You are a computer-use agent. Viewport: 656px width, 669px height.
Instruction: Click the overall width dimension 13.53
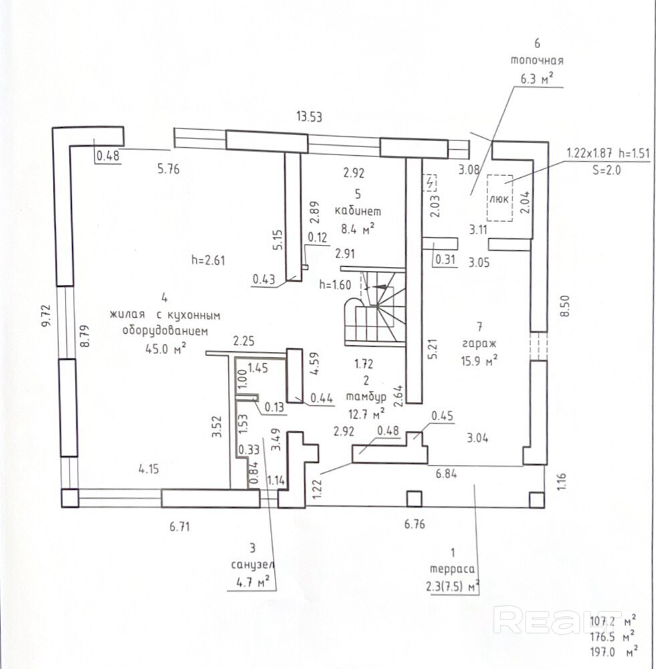click(x=310, y=117)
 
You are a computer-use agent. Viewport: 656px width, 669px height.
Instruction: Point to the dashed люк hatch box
click(x=499, y=197)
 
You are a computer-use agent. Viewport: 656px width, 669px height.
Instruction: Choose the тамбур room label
click(x=365, y=397)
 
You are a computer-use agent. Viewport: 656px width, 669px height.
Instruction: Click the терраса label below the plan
click(x=453, y=569)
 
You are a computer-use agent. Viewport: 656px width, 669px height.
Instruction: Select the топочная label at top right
click(x=537, y=60)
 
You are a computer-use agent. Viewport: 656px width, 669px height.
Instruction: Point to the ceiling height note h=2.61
click(x=208, y=261)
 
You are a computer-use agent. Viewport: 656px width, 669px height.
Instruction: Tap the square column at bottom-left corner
click(x=70, y=498)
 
